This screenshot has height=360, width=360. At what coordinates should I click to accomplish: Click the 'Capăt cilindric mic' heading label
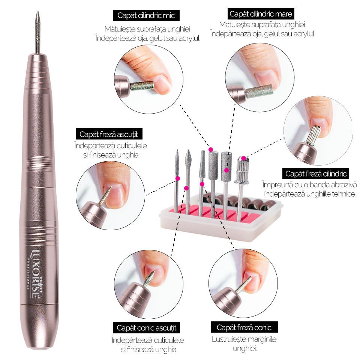click(x=146, y=15)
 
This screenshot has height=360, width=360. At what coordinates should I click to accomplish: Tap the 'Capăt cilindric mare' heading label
click(x=261, y=14)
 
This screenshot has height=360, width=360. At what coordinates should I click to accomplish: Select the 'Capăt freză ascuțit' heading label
click(x=109, y=134)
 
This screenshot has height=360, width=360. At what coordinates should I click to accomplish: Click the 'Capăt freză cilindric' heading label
click(x=316, y=174)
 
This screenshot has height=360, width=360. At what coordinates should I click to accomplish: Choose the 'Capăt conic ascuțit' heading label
click(x=147, y=328)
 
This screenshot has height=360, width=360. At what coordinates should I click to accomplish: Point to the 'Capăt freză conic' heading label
click(x=244, y=327)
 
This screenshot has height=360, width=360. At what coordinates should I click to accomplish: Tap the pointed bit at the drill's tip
click(x=37, y=32)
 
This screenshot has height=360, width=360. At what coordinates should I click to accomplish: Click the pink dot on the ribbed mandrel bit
click(x=243, y=158)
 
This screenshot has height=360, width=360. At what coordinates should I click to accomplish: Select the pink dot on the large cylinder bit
click(x=226, y=170)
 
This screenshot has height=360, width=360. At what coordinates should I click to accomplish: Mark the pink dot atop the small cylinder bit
click(x=211, y=150)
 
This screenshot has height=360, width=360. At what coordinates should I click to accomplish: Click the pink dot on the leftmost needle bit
click(x=178, y=178)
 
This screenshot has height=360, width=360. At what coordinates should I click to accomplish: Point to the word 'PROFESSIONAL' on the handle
click(x=28, y=274)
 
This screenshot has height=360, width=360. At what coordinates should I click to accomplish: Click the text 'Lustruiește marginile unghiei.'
click(x=244, y=344)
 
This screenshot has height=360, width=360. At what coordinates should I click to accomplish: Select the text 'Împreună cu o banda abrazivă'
click(x=310, y=184)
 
